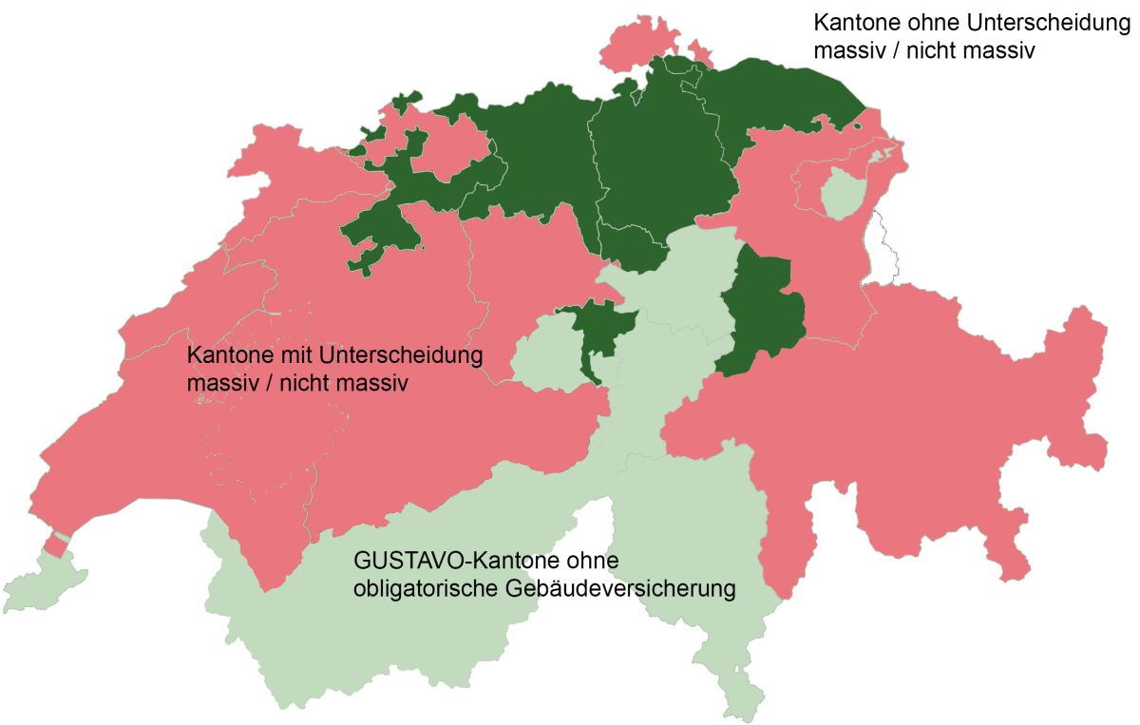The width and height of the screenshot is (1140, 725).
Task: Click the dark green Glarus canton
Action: (765, 309)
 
